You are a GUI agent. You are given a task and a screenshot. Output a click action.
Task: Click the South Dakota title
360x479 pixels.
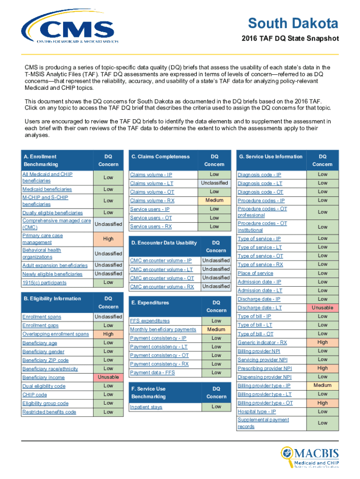pyautogui.click(x=293, y=23)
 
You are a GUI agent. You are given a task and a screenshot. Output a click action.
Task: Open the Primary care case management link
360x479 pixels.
pyautogui.click(x=43, y=239)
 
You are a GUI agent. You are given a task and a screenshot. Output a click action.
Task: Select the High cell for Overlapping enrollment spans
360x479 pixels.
pyautogui.click(x=108, y=334)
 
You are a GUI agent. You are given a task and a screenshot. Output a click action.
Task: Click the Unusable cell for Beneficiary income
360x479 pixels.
pyautogui.click(x=108, y=377)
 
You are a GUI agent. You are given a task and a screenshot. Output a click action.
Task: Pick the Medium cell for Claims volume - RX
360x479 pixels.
pyautogui.click(x=214, y=201)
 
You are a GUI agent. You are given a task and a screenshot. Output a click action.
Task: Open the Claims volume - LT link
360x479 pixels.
pyautogui.click(x=152, y=183)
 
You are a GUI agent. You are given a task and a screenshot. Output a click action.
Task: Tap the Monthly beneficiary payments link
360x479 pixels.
pyautogui.click(x=163, y=330)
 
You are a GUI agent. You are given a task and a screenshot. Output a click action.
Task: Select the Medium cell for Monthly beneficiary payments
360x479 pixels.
pyautogui.click(x=216, y=329)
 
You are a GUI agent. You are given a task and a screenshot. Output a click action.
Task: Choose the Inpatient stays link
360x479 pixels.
pyautogui.click(x=146, y=407)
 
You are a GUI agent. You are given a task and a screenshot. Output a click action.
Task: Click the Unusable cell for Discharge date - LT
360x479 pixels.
pyautogui.click(x=322, y=308)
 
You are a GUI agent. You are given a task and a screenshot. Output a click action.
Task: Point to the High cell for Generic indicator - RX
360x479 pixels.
pyautogui.click(x=322, y=342)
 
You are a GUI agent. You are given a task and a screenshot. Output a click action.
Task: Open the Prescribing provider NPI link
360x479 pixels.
pyautogui.click(x=265, y=369)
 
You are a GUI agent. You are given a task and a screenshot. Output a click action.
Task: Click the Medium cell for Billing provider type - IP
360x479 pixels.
pyautogui.click(x=322, y=385)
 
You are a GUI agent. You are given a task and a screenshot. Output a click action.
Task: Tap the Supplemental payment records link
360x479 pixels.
pyautogui.click(x=263, y=423)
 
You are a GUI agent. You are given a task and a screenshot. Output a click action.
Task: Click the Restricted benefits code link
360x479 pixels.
pyautogui.click(x=49, y=412)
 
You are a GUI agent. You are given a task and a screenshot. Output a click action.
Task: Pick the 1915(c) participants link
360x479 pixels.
pyautogui.click(x=44, y=283)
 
